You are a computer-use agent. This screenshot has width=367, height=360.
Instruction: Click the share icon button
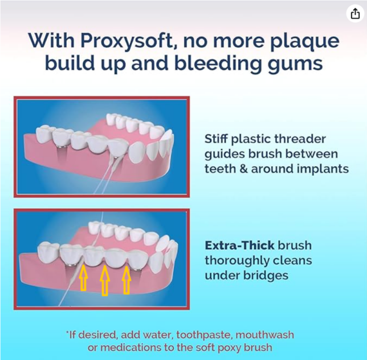355,13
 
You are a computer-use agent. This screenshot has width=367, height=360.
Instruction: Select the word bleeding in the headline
218,63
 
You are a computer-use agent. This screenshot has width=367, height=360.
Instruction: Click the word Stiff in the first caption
217,139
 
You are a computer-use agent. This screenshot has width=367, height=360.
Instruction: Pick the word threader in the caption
300,139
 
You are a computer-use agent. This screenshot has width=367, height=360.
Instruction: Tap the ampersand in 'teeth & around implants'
243,169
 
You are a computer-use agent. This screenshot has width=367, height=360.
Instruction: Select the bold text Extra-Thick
240,245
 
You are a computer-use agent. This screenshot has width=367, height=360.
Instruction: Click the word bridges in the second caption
266,276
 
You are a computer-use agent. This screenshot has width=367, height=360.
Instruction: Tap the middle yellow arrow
105,280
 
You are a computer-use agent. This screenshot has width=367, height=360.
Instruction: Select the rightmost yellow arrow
127,280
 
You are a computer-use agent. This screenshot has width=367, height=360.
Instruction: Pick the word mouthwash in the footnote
265,334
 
